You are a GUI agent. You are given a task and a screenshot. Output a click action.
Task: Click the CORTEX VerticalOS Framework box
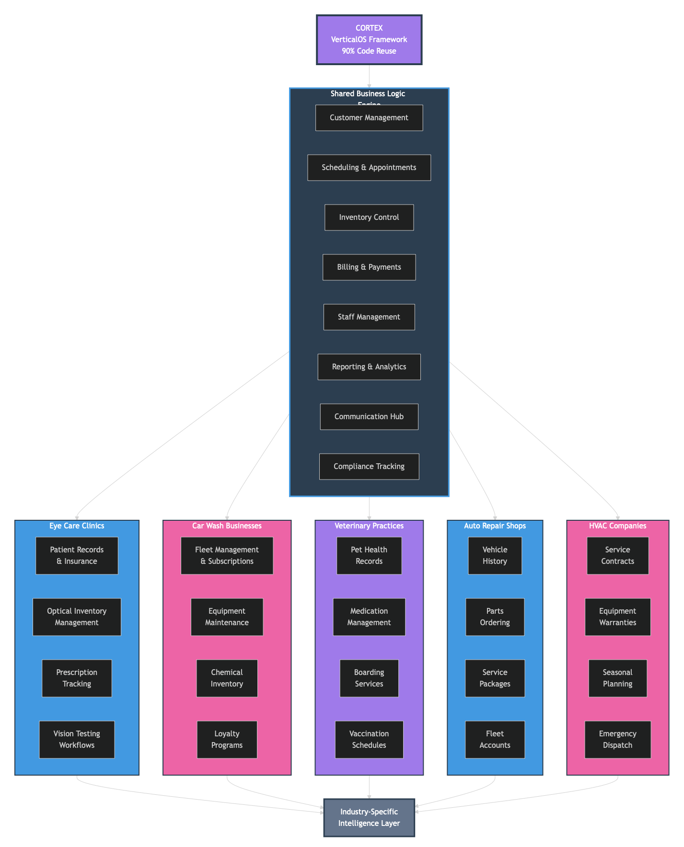[x=369, y=40]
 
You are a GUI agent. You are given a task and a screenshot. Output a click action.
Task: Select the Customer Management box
[x=369, y=118]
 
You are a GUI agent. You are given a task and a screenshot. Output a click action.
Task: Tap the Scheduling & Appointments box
[x=369, y=168]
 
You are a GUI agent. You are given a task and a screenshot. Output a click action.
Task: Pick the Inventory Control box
[x=369, y=217]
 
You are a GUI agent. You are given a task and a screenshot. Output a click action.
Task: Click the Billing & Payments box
[x=369, y=267]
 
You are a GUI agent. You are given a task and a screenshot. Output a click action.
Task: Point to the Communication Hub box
[x=369, y=417]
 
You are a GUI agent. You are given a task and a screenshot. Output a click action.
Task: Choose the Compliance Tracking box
[x=369, y=467]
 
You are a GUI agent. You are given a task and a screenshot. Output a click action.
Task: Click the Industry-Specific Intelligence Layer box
[x=369, y=818]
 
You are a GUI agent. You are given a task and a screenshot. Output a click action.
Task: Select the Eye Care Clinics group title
[x=77, y=526]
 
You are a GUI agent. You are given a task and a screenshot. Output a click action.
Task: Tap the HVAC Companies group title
[x=617, y=526]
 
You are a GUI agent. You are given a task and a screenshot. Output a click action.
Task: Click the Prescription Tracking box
[x=77, y=678]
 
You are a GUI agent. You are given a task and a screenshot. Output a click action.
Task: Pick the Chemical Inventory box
[x=227, y=678]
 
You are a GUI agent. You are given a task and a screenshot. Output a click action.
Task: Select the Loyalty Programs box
[x=227, y=740]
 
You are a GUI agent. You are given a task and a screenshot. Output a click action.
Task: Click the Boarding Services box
[x=369, y=678]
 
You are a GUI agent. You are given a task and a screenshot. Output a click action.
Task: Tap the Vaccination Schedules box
[x=369, y=740]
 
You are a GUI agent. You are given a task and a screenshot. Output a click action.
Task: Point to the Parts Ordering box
[x=495, y=617]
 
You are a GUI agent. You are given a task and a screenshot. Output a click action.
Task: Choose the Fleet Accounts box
[x=495, y=740]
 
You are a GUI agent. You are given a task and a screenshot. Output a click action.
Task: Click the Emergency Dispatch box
[x=617, y=740]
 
